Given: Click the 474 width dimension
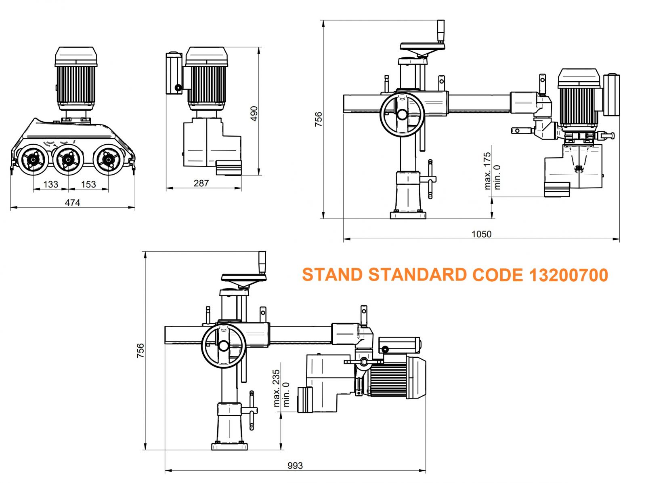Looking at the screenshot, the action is coord(72,202).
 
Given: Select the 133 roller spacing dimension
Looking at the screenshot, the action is coord(50,184).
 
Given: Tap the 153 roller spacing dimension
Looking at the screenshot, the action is coord(88,184).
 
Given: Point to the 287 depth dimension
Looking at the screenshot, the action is coord(201,183).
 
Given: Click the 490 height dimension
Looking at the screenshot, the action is coord(254,114).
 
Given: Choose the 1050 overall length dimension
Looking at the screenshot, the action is coord(482,234).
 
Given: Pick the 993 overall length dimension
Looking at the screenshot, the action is coord(295,466).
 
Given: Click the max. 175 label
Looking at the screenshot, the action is coord(487,171).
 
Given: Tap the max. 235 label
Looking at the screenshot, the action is coord(276,388).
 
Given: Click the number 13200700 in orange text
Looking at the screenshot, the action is coord(568,275).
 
